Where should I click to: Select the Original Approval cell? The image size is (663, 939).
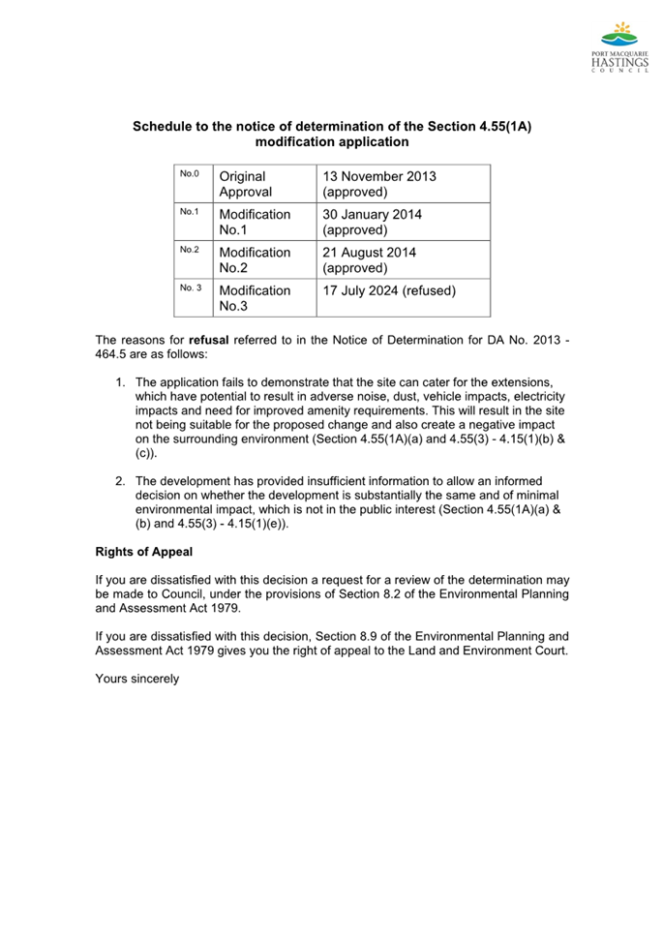pyautogui.click(x=246, y=184)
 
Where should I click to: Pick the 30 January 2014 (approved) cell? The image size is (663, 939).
pyautogui.click(x=372, y=222)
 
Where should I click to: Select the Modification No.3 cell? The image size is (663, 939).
pyautogui.click(x=254, y=298)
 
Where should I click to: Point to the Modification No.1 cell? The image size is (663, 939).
pyautogui.click(x=254, y=222)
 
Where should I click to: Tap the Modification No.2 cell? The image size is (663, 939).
pyautogui.click(x=254, y=259)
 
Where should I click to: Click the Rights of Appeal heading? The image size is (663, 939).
pyautogui.click(x=143, y=552)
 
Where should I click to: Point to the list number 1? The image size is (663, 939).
pyautogui.click(x=120, y=382)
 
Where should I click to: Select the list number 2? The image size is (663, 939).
pyautogui.click(x=120, y=481)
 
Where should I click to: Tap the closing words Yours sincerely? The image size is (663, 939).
pyautogui.click(x=136, y=679)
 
